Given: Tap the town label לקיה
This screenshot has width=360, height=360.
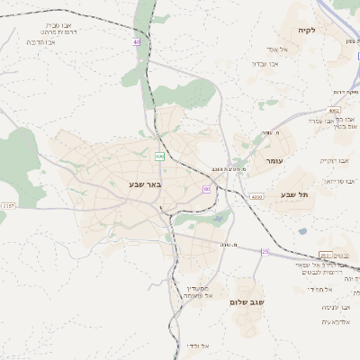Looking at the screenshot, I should pyautogui.click(x=306, y=31).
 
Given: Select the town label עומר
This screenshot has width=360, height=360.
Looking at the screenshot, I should pyautogui.click(x=274, y=160).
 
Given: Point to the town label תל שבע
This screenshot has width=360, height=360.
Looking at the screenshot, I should pyautogui.click(x=294, y=194).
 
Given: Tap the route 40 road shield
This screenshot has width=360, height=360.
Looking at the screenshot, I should pyautogui.click(x=136, y=41).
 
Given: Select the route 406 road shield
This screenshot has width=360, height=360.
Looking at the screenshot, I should pyautogui.click(x=159, y=157).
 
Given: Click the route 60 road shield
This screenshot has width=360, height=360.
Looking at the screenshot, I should pyautogui.click(x=206, y=189).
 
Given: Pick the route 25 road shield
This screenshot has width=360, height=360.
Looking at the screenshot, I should pyautogui.click(x=265, y=252).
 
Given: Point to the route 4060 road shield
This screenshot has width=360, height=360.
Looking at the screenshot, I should pyautogui.click(x=256, y=196).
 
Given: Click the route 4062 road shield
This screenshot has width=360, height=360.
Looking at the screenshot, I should pyautogui.click(x=335, y=110).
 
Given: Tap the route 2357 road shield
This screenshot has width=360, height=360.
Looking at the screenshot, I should pyautogui.click(x=8, y=206).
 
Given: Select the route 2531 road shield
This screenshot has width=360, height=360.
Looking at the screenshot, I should pyautogui.click(x=326, y=255).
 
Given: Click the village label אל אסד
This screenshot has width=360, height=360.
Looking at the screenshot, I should pyautogui.click(x=275, y=49).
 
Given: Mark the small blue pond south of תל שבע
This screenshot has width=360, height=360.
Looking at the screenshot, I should pyautogui.click(x=301, y=230).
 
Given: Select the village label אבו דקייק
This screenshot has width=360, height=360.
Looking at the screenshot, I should pyautogui.click(x=334, y=161).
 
